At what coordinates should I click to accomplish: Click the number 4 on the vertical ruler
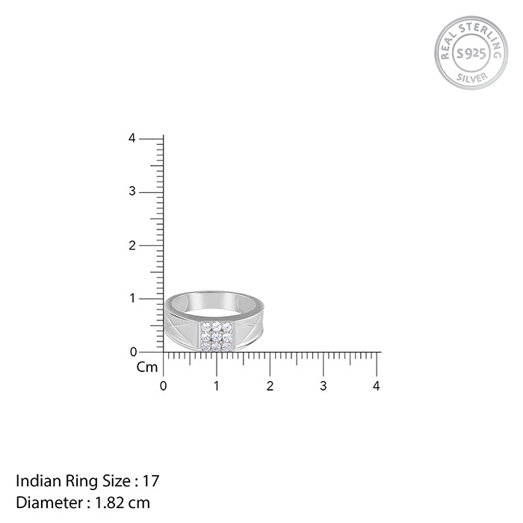131,138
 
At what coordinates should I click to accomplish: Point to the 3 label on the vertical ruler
131,192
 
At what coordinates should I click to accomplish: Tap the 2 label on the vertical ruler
131,245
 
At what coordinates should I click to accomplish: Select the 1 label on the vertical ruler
131,298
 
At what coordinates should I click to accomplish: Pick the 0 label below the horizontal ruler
164,386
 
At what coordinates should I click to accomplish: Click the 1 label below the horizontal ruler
217,386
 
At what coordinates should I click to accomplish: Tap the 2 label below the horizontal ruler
270,386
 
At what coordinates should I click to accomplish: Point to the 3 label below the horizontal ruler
323,386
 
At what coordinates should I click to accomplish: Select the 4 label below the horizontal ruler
377,386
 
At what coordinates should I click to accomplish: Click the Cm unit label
147,367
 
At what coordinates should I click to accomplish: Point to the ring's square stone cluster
215,336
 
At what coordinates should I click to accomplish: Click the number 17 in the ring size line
152,480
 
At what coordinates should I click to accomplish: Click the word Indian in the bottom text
35,480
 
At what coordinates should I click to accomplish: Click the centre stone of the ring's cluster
215,336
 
